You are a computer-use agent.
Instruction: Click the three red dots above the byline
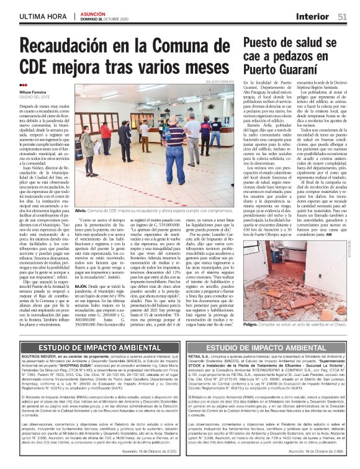pos(23,85)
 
